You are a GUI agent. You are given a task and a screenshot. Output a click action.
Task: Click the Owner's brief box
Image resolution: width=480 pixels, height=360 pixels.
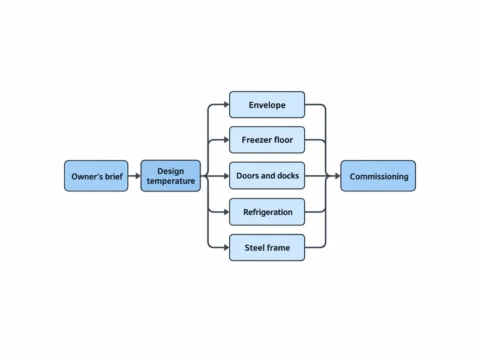tap(96, 176)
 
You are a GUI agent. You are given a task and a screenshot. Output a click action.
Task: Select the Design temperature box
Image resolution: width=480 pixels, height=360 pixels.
tap(171, 176)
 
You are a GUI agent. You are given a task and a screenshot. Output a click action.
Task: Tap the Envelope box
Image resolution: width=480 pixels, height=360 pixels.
tap(267, 104)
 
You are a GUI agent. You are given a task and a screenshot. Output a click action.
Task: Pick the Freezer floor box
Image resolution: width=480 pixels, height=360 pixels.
tap(267, 140)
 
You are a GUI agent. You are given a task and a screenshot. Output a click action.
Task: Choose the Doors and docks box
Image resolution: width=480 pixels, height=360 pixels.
tap(267, 176)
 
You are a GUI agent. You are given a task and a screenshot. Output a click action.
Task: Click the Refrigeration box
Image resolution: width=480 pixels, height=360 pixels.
tap(267, 212)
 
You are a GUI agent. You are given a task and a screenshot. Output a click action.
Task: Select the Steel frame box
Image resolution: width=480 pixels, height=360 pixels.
tap(267, 248)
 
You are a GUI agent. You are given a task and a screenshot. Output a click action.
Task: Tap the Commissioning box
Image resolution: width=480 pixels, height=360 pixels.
tap(378, 176)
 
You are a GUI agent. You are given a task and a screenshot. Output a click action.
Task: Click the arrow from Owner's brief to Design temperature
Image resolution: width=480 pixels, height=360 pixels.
tap(134, 176)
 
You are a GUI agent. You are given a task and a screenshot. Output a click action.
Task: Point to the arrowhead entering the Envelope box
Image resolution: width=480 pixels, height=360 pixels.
tap(227, 104)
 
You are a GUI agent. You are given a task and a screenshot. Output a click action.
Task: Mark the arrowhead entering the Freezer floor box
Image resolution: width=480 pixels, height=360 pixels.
tap(227, 140)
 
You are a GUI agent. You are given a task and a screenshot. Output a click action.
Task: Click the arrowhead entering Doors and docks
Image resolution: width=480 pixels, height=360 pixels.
tap(227, 176)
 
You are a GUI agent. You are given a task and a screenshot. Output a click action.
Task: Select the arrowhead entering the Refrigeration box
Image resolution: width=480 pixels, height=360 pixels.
tap(227, 212)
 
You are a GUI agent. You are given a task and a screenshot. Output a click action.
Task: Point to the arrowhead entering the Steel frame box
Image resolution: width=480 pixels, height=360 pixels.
tap(227, 247)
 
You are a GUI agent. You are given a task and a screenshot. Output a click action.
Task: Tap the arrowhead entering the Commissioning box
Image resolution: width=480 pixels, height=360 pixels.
tap(338, 176)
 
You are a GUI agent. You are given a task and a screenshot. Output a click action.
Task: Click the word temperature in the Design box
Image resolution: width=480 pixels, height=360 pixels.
tap(171, 181)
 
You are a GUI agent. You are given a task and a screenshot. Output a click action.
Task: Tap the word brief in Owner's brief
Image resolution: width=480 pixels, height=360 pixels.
tap(113, 176)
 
